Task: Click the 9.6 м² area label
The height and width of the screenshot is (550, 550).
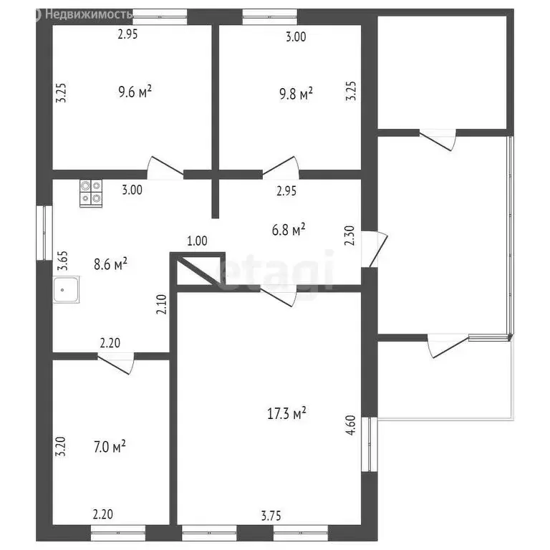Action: (135, 92)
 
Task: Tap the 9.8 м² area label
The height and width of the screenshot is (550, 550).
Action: (296, 94)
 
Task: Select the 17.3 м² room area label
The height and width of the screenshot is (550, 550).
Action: (286, 413)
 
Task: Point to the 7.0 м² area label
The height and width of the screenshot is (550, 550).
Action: (110, 447)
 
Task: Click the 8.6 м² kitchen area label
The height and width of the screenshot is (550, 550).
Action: (110, 264)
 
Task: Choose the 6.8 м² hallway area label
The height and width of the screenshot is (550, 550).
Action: (289, 229)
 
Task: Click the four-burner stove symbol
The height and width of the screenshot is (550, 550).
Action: (91, 193)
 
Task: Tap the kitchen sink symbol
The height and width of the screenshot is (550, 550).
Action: (67, 290)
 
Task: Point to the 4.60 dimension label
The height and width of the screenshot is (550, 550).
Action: (351, 425)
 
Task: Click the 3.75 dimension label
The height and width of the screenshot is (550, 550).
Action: (271, 516)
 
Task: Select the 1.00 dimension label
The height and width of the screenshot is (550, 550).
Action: (197, 241)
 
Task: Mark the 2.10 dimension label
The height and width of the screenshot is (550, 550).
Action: (161, 304)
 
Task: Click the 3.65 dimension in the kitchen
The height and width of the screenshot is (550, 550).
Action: (63, 261)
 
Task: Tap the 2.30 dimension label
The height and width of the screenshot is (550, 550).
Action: (350, 236)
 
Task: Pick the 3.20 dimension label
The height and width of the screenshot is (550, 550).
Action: (61, 446)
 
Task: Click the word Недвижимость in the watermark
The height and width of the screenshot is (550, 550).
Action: (89, 14)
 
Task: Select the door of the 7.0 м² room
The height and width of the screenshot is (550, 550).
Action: (116, 363)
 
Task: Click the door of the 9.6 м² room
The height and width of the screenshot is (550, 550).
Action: (165, 168)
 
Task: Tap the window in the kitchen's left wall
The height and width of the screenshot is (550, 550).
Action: (44, 233)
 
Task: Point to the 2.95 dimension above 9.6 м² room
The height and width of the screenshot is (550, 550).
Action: (127, 34)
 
